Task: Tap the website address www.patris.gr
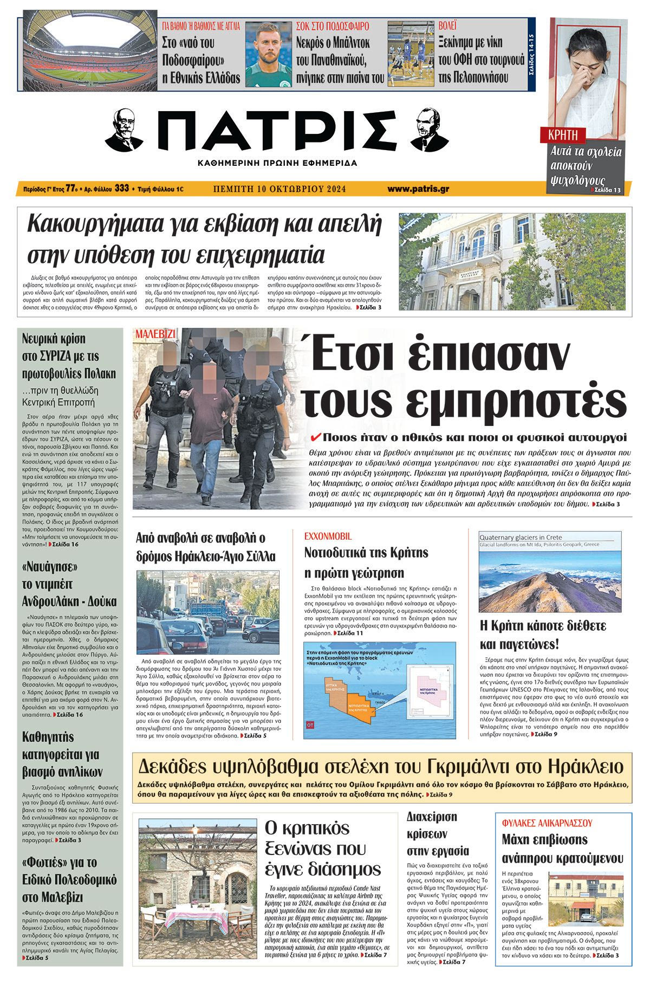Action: (418, 189)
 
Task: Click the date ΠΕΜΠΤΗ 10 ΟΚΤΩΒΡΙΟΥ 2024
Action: (279, 189)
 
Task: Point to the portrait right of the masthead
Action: (426, 130)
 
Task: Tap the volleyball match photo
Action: (410, 53)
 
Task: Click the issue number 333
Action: (122, 189)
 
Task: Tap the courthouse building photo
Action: (512, 261)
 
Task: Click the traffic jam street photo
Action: (208, 612)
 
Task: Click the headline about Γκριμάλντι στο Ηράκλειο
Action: (381, 767)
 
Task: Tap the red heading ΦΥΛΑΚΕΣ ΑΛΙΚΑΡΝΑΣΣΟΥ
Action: (548, 823)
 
